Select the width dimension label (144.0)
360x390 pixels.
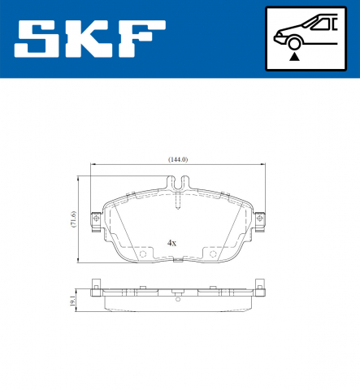(178, 159)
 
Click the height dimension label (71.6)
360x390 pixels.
(73, 219)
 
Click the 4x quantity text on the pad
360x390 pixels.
(171, 242)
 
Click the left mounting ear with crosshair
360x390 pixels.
(97, 219)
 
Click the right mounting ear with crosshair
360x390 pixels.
(260, 219)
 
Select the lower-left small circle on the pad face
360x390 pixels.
(144, 254)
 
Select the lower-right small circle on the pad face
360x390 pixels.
(214, 254)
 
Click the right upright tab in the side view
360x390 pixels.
(260, 287)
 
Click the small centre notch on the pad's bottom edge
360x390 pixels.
(178, 261)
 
